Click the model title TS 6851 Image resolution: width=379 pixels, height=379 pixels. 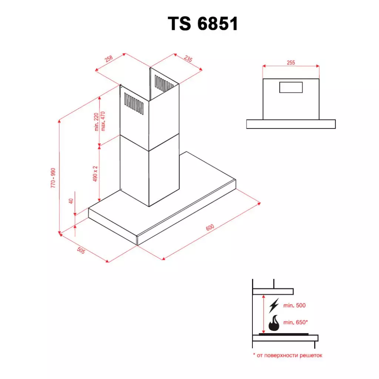click(x=203, y=24)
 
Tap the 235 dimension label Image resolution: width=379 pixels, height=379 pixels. click(x=188, y=60)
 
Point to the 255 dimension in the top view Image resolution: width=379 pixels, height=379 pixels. click(x=291, y=63)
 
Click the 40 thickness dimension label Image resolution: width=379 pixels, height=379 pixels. click(x=71, y=201)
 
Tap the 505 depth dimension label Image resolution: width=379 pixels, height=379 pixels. click(x=81, y=251)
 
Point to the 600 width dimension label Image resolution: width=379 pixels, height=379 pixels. click(x=209, y=229)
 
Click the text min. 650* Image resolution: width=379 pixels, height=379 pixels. click(x=295, y=322)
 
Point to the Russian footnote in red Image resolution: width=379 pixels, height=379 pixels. click(x=288, y=355)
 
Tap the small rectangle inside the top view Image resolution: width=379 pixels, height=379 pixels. click(x=291, y=87)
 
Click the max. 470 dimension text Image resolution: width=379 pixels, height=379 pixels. click(x=103, y=121)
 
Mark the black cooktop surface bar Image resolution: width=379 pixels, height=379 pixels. click(x=284, y=334)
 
